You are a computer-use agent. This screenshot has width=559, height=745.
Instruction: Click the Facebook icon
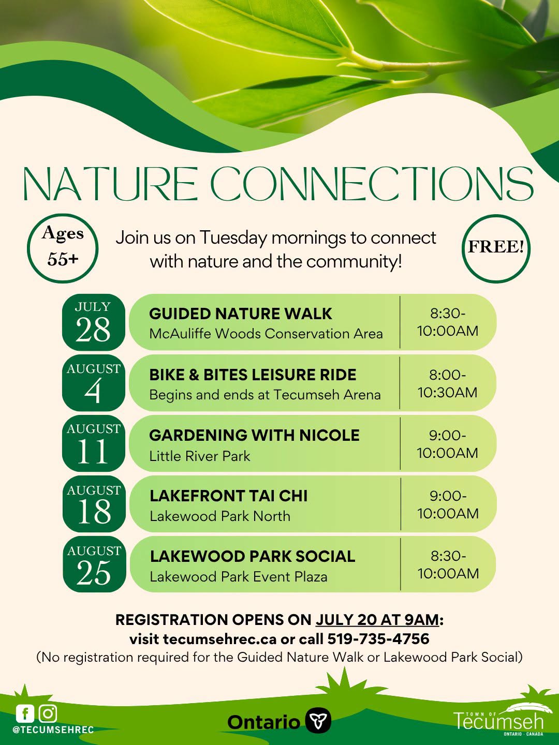coord(25,714)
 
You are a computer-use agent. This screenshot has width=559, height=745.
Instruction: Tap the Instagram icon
coord(48,714)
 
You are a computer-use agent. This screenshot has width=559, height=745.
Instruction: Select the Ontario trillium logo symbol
coord(318,721)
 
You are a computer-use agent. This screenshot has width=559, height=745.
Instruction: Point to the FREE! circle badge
coord(496,249)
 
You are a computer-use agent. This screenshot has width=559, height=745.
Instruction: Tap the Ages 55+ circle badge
coord(63,248)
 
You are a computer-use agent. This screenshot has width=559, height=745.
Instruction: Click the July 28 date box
coord(93,322)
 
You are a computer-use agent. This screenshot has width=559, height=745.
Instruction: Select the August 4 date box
coord(93,382)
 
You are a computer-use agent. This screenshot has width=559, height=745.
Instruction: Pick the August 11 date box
coord(93,443)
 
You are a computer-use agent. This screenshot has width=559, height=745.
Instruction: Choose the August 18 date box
coord(94,504)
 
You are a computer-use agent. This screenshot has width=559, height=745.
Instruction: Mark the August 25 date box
coord(94,564)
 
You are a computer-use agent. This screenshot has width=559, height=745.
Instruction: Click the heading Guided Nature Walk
coord(240,314)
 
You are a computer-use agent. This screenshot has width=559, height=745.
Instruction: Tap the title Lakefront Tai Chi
coord(228,496)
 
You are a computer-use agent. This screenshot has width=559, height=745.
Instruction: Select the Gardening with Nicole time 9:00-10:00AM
coord(447,444)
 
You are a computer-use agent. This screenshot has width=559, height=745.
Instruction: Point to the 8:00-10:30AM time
coord(447,383)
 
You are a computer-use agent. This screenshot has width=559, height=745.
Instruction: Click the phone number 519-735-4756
coord(378,639)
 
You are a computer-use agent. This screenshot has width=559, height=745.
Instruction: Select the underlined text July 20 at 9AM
coord(377,620)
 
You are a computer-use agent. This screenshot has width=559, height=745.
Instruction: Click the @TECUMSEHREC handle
coord(53,729)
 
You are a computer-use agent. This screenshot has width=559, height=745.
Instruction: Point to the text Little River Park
coord(200,456)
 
